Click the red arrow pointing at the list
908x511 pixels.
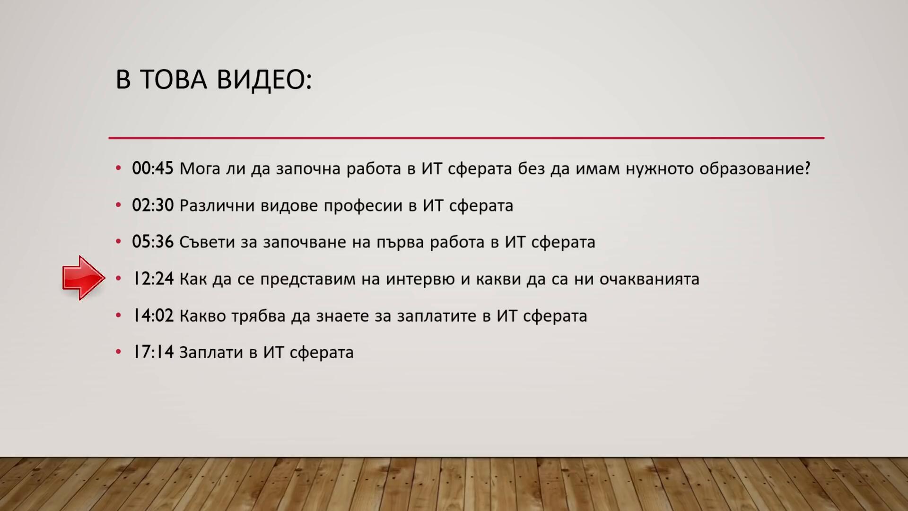[x=84, y=278]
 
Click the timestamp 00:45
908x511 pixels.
[x=153, y=168]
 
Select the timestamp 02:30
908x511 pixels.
[x=153, y=205]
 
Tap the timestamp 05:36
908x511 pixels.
[x=153, y=242]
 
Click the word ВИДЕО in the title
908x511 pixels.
[x=264, y=79]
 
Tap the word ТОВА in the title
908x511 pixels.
[x=174, y=79]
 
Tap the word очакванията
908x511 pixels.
[x=649, y=279]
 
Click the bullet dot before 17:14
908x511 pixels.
[x=119, y=352]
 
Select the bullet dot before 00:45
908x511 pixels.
[x=119, y=168]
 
